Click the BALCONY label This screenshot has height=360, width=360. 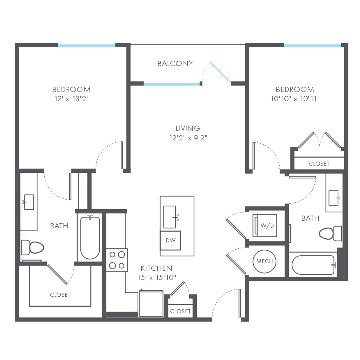click(175, 64)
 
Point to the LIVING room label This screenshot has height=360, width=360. click(188, 128)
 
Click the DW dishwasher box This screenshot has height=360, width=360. click(170, 240)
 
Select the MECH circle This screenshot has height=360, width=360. click(264, 262)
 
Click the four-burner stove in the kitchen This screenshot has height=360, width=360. click(116, 260)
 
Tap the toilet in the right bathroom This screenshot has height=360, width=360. click(331, 234)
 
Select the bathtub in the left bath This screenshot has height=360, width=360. click(90, 237)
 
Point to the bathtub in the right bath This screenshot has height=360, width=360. click(313, 265)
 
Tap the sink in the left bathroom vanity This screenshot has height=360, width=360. click(29, 202)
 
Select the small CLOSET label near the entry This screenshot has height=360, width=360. click(180, 311)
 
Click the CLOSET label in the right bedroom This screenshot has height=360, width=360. click(319, 164)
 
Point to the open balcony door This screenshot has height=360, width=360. click(220, 72)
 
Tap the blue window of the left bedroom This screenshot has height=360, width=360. click(87, 45)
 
